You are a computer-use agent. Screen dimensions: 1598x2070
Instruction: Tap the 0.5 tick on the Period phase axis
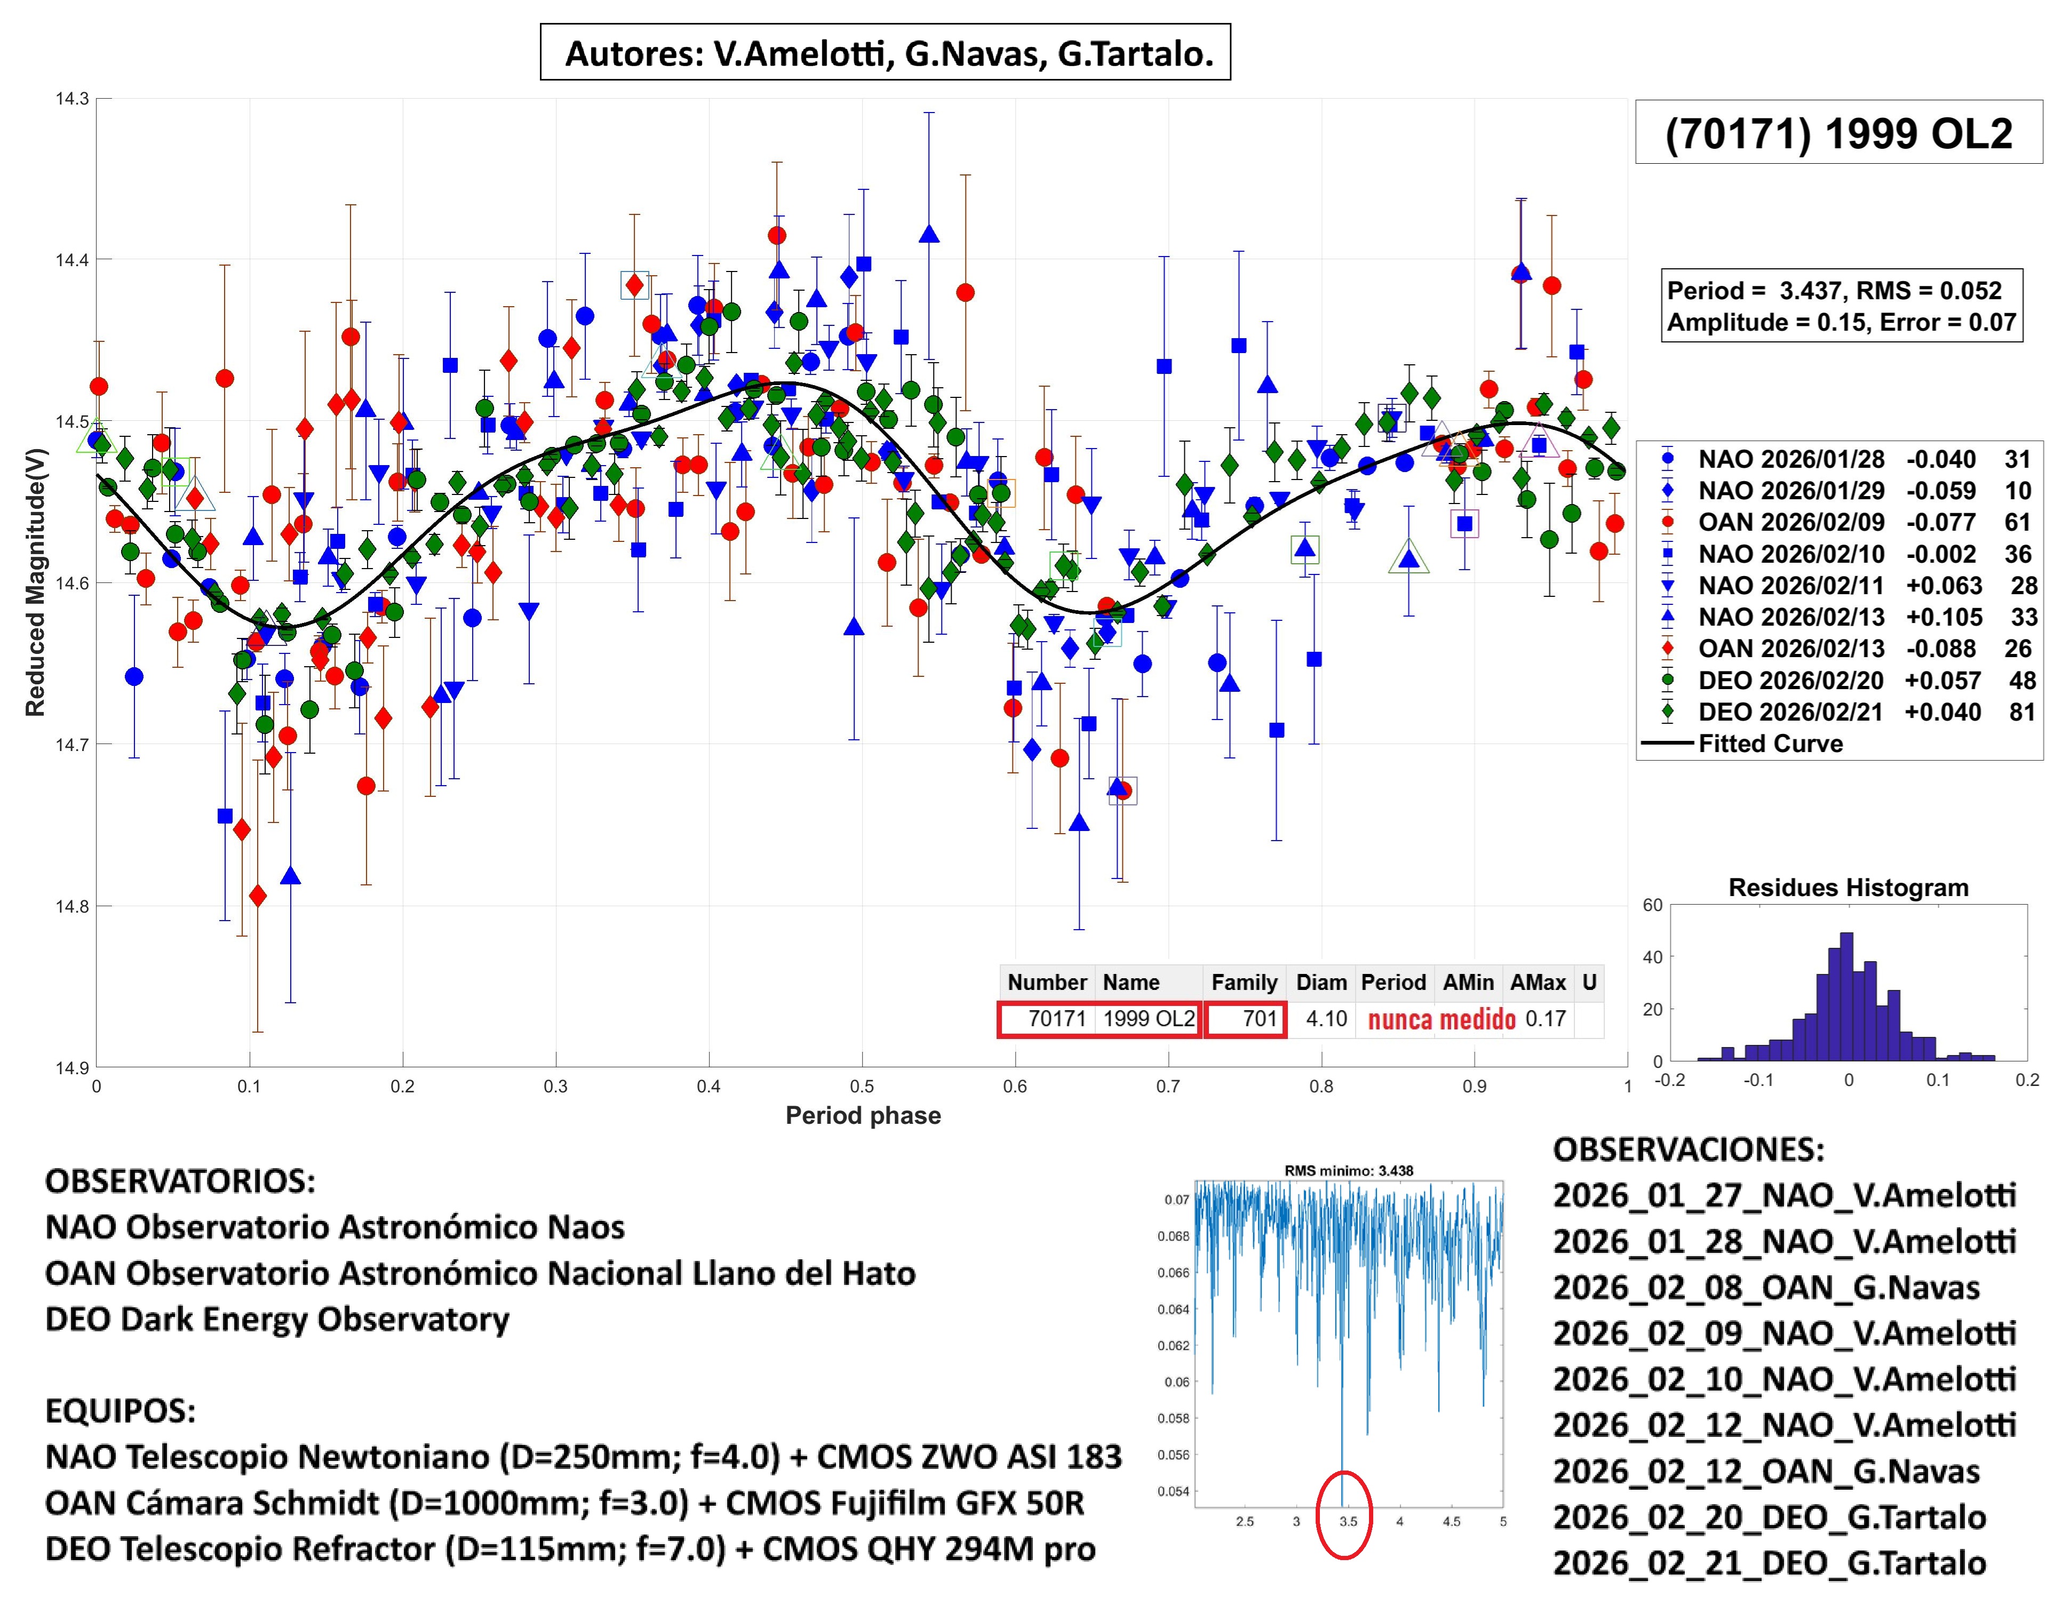(x=862, y=1086)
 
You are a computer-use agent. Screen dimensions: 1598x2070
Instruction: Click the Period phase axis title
(x=863, y=1116)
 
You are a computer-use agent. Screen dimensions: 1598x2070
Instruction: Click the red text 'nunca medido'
(x=1442, y=1020)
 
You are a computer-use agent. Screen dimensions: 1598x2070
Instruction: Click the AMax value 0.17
(x=1545, y=1019)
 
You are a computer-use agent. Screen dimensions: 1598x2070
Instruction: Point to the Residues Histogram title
(x=1848, y=888)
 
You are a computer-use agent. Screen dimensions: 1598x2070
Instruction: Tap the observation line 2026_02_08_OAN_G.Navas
(x=1766, y=1287)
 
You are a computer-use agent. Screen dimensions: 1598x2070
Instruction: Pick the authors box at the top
(x=885, y=53)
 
